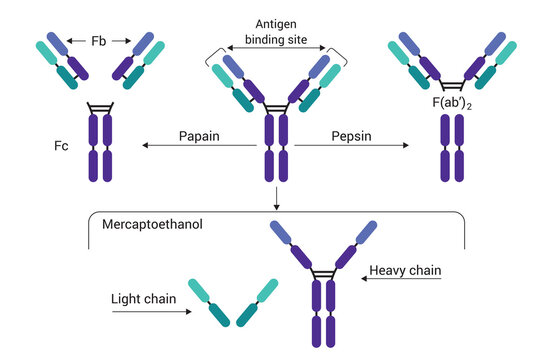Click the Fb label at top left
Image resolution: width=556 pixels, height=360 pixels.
[x=98, y=41]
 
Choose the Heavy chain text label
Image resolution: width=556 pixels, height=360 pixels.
[x=405, y=270]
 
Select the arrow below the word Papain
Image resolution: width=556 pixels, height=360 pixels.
[x=199, y=147]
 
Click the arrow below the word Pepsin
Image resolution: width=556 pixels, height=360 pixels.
[x=351, y=147]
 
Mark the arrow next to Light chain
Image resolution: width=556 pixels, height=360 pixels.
[x=151, y=311]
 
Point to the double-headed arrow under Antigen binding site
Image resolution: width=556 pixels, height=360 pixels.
[x=275, y=46]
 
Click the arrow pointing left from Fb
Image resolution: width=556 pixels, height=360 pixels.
[x=76, y=41]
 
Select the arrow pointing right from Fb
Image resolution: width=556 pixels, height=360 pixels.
[x=122, y=41]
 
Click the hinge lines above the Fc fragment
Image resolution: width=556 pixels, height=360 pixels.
[x=99, y=106]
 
